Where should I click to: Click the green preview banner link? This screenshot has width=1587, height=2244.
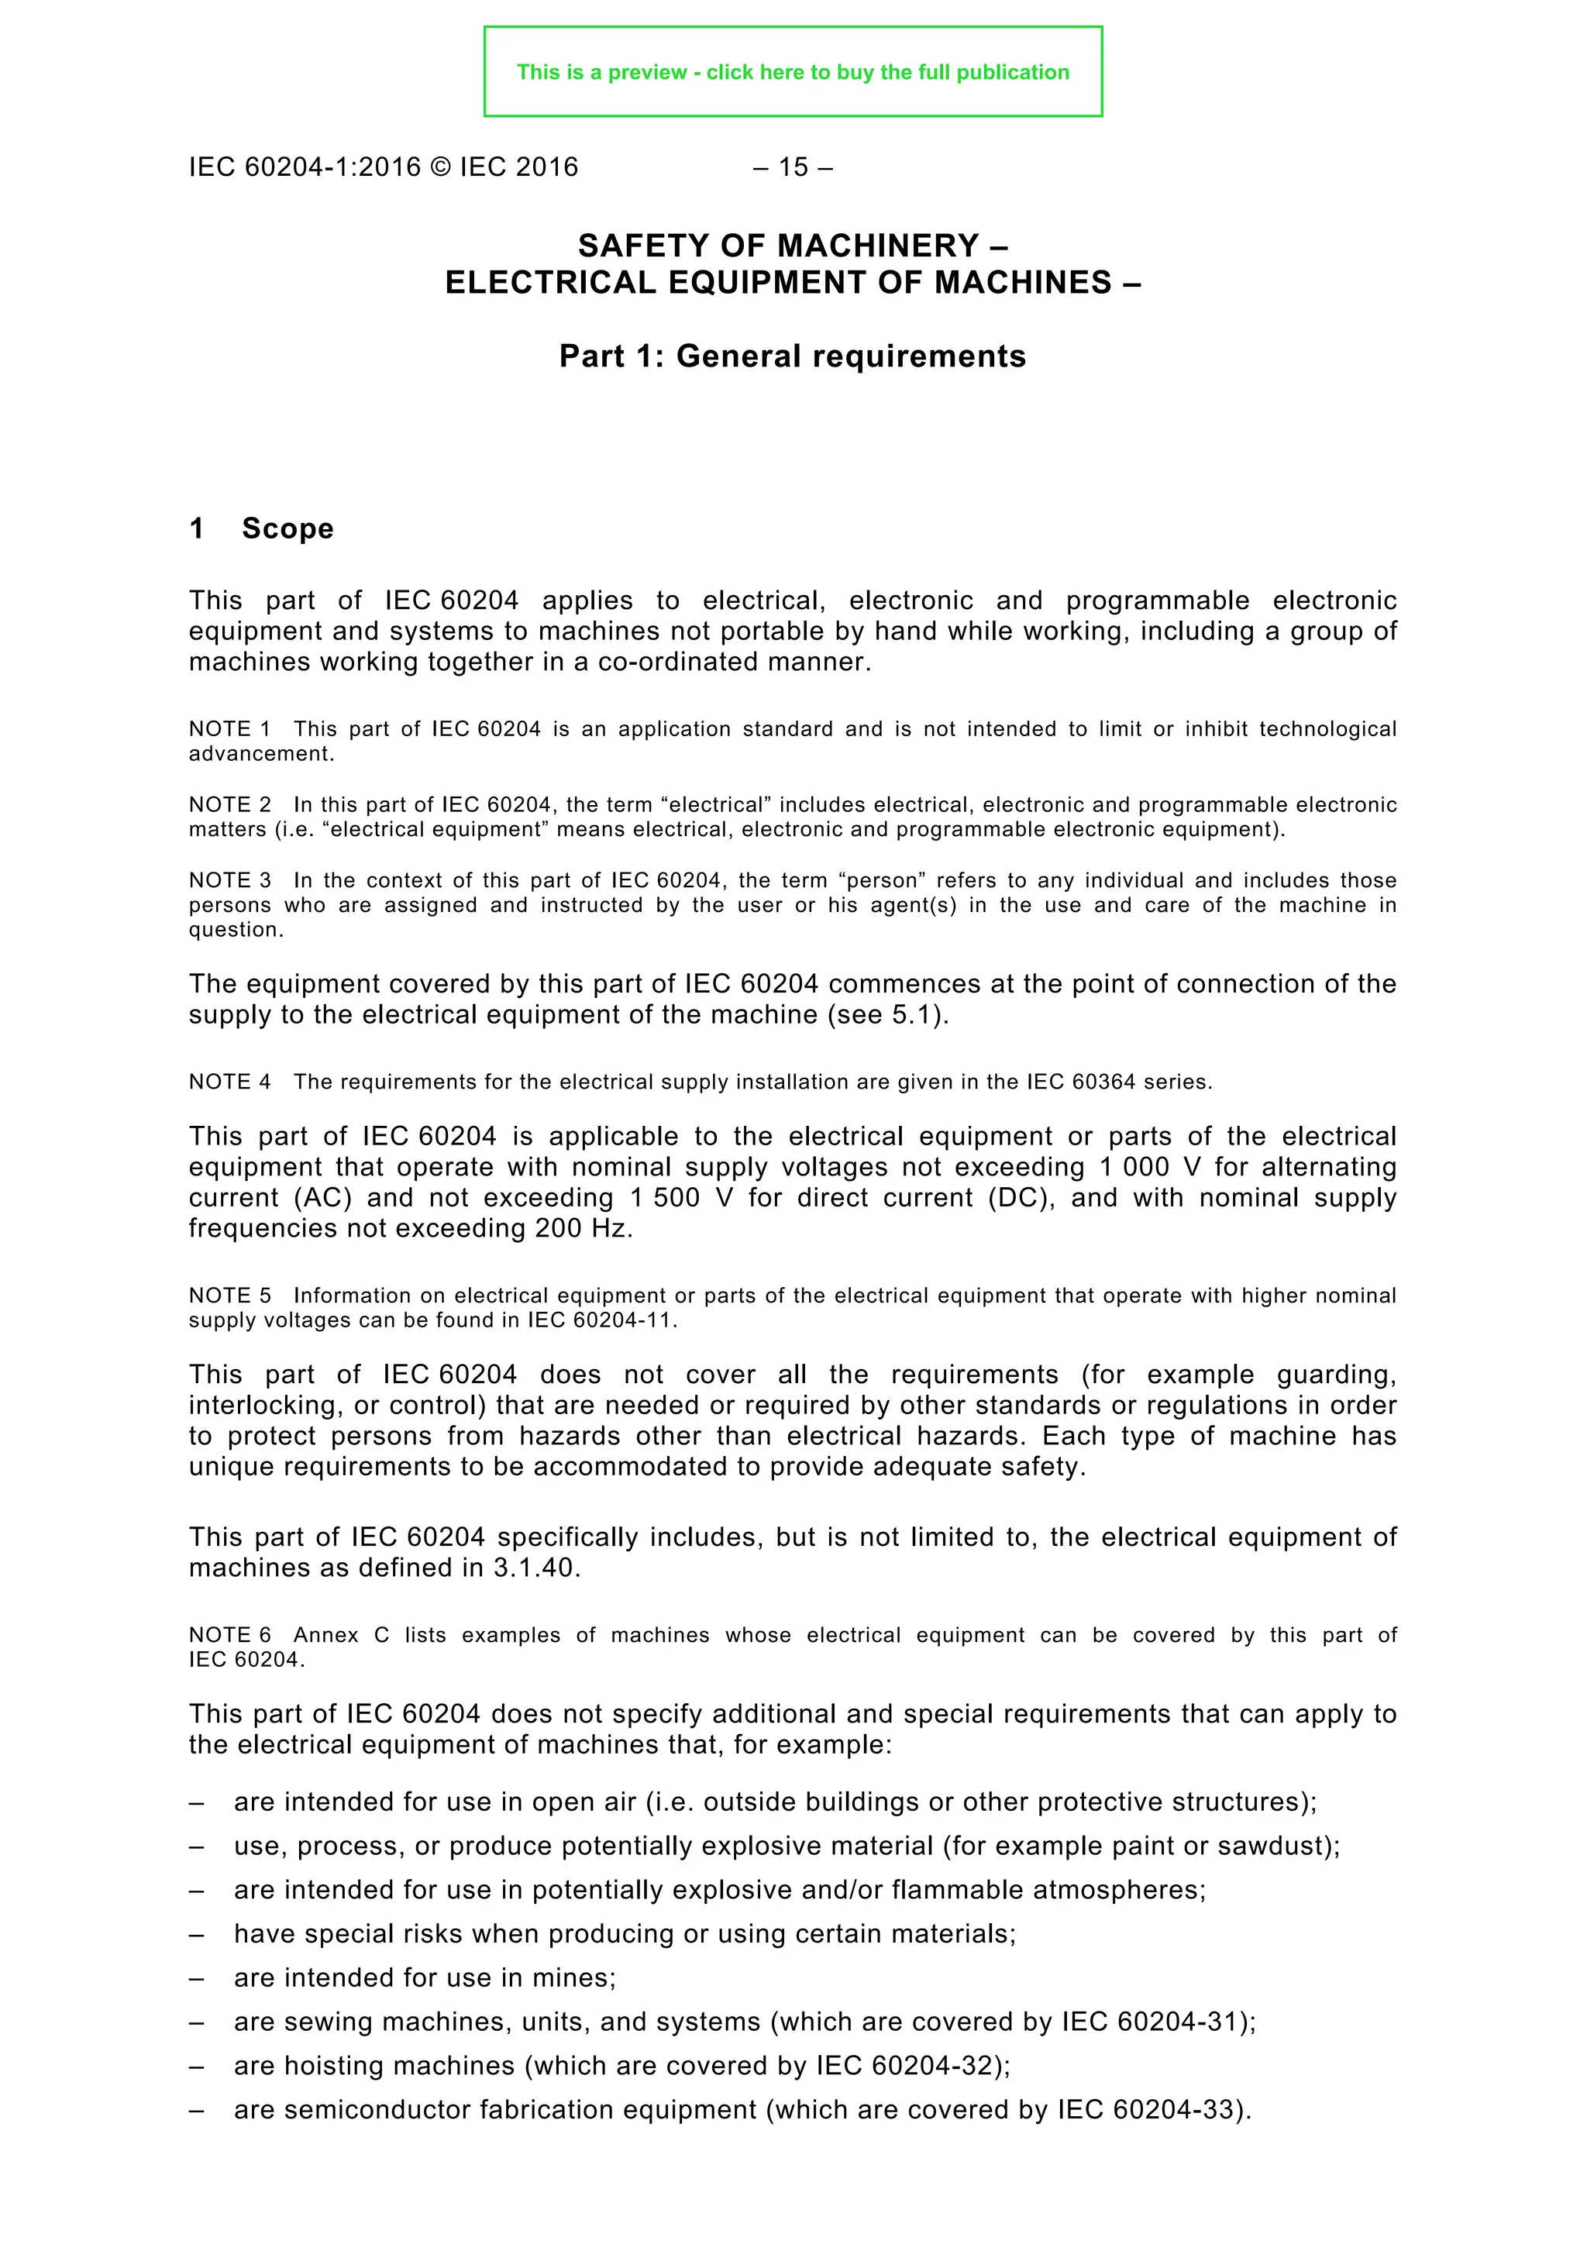coord(793,72)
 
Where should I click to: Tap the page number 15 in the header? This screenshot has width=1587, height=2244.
coord(793,167)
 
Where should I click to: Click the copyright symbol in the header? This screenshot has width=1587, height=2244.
coord(439,167)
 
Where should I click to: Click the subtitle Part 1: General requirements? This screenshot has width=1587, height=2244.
coord(793,356)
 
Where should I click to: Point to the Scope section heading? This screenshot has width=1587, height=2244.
coord(287,528)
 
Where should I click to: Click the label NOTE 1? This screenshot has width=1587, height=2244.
coord(229,729)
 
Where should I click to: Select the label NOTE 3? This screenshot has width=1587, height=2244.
coord(229,880)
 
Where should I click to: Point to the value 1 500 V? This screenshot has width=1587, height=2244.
coord(680,1197)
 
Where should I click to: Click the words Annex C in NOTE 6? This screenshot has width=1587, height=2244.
coord(341,1635)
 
